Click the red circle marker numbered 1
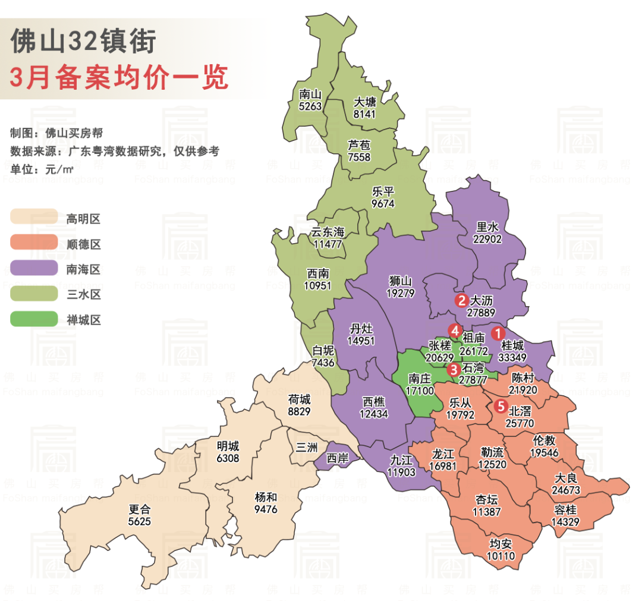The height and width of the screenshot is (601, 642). [498, 334]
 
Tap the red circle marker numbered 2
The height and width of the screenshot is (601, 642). [461, 301]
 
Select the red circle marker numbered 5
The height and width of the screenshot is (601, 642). [501, 407]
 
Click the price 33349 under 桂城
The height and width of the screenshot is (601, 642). [514, 358]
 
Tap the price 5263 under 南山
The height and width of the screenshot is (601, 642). [310, 107]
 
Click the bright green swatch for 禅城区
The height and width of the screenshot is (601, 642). [34, 319]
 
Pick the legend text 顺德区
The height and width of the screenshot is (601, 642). [83, 244]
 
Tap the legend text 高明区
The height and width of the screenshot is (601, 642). [83, 219]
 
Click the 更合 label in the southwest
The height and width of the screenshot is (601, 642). [140, 509]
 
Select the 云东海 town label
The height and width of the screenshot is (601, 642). [328, 232]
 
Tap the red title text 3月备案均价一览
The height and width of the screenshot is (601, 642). [119, 77]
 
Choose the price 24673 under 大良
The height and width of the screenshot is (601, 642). [565, 490]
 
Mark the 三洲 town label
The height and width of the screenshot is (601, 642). [307, 448]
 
